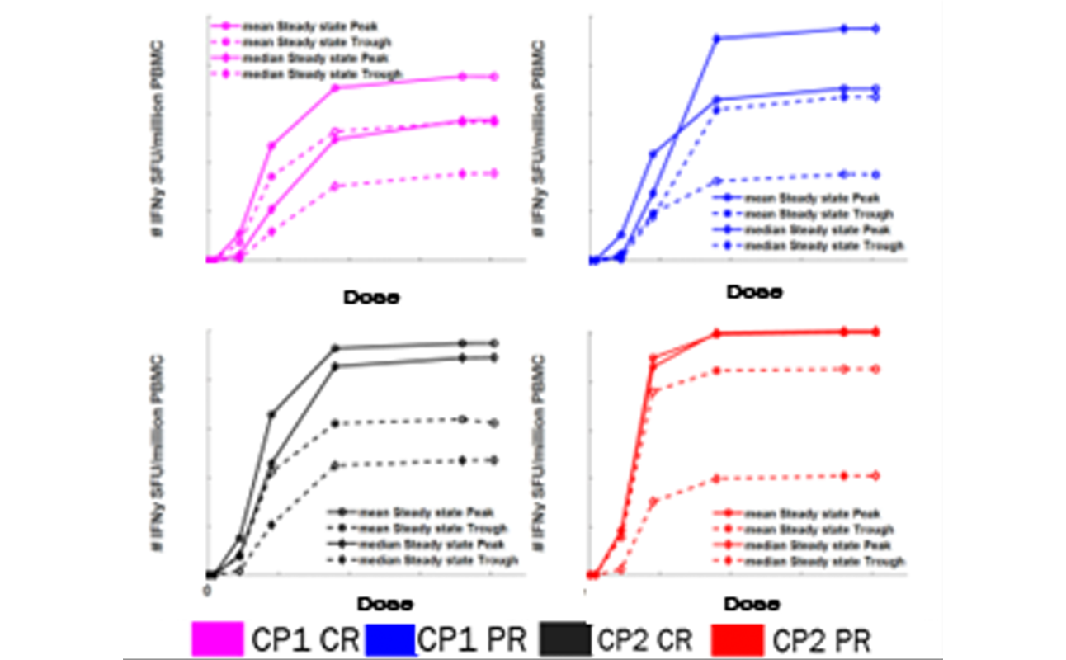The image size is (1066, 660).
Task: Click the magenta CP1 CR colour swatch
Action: pyautogui.click(x=217, y=639)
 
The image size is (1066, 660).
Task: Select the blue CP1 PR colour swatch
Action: pyautogui.click(x=389, y=639)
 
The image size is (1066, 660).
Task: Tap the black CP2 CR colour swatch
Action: pyautogui.click(x=565, y=639)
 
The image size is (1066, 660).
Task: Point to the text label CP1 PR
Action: pyautogui.click(x=472, y=639)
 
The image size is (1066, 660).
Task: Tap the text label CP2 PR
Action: pyautogui.click(x=823, y=639)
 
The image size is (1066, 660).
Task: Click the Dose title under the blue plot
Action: pyautogui.click(x=754, y=292)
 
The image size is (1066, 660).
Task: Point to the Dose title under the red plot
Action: pyautogui.click(x=755, y=605)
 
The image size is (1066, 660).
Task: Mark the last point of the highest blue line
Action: pyautogui.click(x=875, y=29)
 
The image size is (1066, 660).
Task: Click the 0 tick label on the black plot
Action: pyautogui.click(x=207, y=591)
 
